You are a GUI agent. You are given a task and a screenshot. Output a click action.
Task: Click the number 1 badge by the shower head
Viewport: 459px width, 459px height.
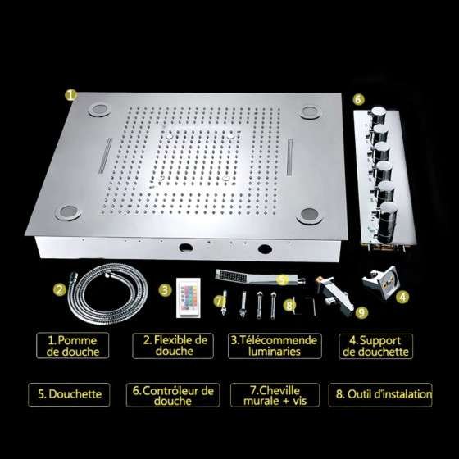click(x=71, y=95)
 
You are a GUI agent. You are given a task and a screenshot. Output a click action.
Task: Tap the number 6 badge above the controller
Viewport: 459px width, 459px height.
click(x=358, y=99)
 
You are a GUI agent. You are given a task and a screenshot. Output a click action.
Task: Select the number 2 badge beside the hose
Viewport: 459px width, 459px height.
click(x=60, y=289)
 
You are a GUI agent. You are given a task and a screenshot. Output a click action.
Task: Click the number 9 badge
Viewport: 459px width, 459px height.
click(x=361, y=312)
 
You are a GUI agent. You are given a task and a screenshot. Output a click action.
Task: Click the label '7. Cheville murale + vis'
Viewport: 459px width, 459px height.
click(x=275, y=395)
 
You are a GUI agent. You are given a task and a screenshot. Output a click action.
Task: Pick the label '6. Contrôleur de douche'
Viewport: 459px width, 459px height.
click(x=173, y=395)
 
